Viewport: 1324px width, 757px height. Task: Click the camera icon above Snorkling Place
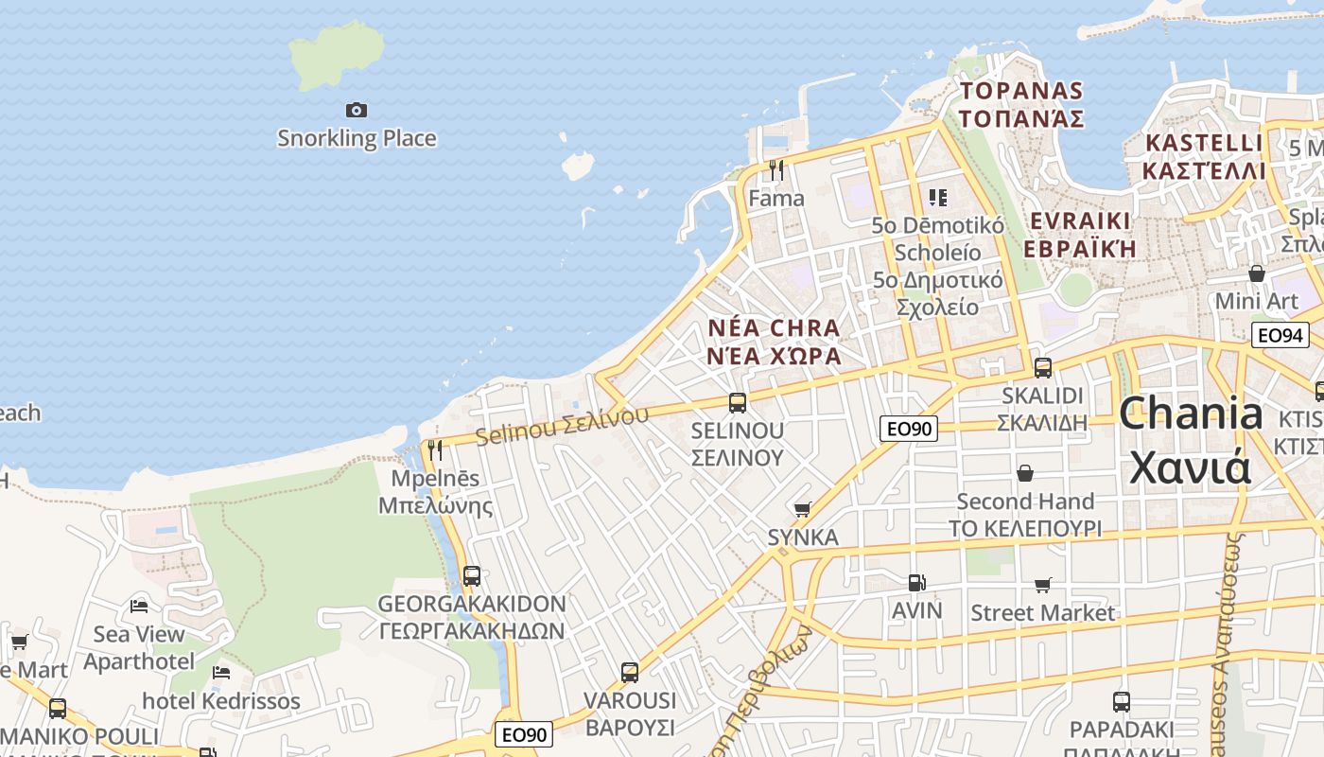click(357, 111)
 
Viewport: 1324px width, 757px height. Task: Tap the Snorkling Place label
click(357, 138)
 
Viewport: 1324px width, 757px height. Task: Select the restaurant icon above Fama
click(776, 170)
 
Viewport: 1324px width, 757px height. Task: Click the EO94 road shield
click(1280, 334)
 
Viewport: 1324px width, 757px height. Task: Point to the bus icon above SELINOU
click(738, 403)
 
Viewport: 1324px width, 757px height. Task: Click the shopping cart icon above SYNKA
click(803, 510)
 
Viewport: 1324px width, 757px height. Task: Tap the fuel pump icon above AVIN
click(916, 583)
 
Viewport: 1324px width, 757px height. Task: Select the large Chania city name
click(1191, 414)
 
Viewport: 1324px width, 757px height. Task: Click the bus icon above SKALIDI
click(1043, 368)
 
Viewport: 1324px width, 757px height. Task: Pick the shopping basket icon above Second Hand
click(1025, 473)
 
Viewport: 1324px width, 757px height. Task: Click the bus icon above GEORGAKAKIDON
click(472, 575)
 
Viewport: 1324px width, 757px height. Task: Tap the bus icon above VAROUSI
click(630, 673)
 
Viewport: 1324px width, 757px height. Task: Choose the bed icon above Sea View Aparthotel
click(139, 606)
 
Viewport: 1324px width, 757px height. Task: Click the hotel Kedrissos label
click(221, 701)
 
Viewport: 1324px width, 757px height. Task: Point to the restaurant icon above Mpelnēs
click(435, 450)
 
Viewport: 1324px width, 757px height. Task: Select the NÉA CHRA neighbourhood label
click(774, 328)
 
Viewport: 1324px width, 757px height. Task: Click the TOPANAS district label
click(1021, 91)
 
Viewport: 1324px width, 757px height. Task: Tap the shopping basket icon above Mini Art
click(1257, 274)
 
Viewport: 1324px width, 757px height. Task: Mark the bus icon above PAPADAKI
click(1122, 702)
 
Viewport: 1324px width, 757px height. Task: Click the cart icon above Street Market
click(1043, 586)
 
